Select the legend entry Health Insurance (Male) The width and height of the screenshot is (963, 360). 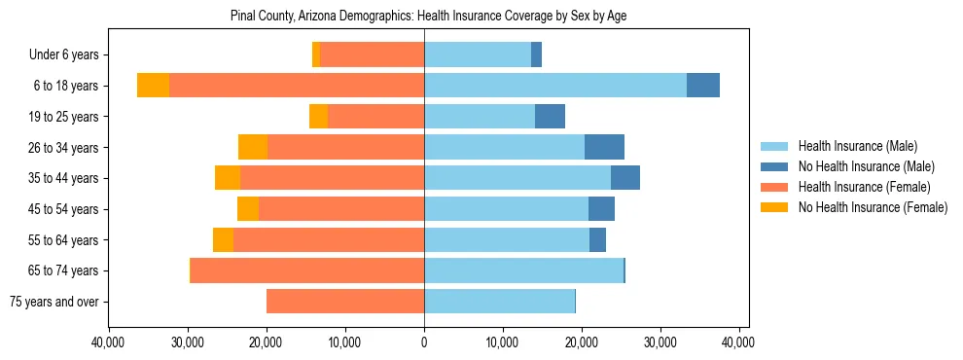click(x=857, y=147)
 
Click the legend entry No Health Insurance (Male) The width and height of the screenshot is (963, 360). click(x=866, y=167)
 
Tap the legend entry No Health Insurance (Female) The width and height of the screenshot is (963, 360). click(x=872, y=207)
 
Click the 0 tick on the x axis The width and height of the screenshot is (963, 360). click(x=424, y=343)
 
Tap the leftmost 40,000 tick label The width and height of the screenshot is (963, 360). click(x=107, y=343)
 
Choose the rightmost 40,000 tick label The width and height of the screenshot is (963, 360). click(x=739, y=343)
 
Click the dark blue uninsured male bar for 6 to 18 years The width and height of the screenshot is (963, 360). click(x=703, y=86)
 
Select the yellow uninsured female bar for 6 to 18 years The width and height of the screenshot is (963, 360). click(x=153, y=86)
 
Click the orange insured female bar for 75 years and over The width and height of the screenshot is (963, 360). click(x=345, y=302)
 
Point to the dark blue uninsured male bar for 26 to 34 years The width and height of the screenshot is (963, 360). click(x=604, y=147)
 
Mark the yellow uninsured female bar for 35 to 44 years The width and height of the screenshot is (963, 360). click(x=228, y=178)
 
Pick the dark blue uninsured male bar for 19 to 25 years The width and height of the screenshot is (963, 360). click(x=550, y=117)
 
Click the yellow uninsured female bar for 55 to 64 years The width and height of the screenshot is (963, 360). click(x=223, y=239)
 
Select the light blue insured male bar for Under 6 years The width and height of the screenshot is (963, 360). click(x=478, y=55)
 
